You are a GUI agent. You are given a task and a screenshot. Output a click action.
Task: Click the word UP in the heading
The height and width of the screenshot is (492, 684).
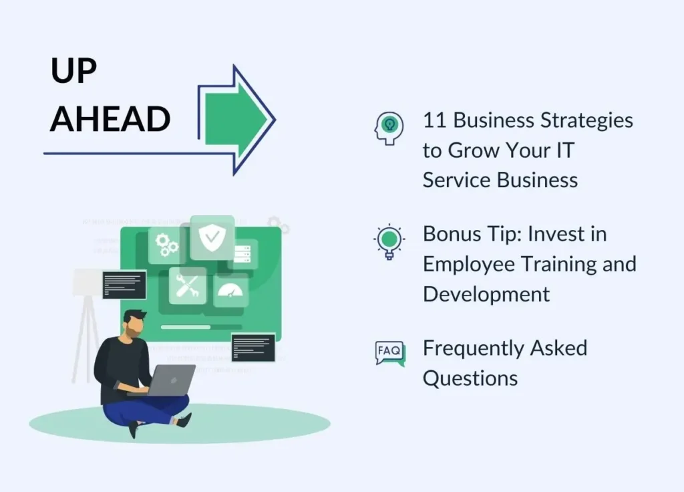(x=73, y=70)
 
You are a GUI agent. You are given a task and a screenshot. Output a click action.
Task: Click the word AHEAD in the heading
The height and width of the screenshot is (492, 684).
(x=110, y=119)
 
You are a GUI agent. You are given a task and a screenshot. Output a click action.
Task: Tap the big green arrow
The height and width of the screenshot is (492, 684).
(x=236, y=119)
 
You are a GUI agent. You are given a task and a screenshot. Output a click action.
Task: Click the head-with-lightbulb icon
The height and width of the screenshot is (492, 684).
(x=389, y=128)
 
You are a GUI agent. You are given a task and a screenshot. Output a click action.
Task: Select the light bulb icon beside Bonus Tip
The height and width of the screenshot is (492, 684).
(x=389, y=242)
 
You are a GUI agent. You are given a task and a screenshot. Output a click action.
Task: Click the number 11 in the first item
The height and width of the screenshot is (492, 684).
(x=434, y=120)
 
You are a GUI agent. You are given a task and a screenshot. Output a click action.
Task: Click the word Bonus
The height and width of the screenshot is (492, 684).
(x=452, y=234)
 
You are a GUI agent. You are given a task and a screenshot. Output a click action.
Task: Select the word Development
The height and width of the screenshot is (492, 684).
(x=486, y=294)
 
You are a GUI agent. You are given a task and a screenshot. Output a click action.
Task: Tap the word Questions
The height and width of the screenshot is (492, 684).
(x=470, y=378)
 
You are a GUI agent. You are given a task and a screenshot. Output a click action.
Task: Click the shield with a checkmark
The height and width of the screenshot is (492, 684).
(x=212, y=237)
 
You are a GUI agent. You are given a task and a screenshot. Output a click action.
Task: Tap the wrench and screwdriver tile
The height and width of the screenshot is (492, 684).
(x=188, y=285)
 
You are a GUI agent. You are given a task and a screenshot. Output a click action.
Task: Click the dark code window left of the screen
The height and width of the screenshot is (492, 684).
(x=124, y=285)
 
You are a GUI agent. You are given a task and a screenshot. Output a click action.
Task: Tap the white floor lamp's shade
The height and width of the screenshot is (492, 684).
(x=88, y=282)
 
